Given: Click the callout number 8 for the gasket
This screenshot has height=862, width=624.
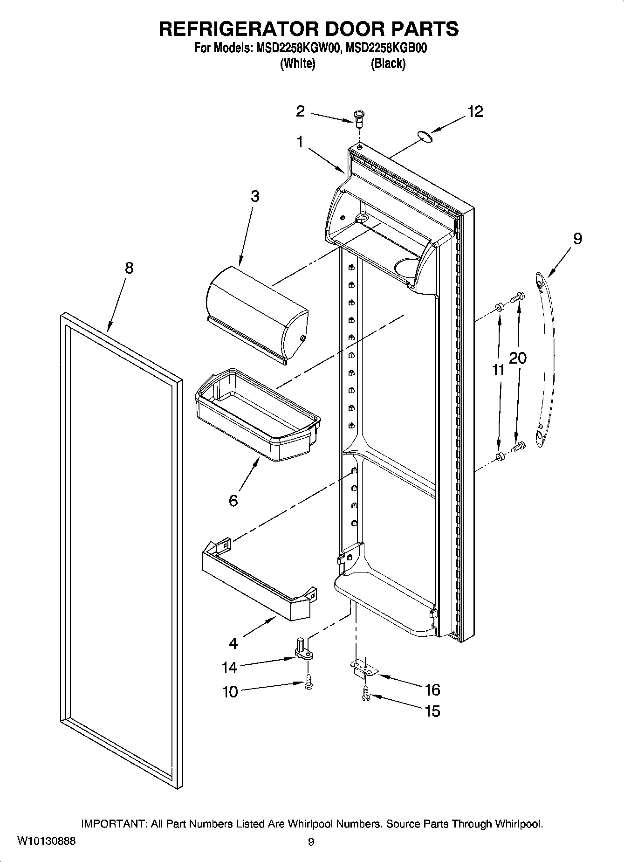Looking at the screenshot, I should coord(129,268).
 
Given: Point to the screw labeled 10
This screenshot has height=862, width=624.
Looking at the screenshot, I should coord(309,684).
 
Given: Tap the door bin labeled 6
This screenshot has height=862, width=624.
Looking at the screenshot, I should coord(259,415).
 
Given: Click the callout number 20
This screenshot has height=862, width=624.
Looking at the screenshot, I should coord(518,358).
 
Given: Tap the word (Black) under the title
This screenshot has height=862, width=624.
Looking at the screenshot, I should coord(388,64).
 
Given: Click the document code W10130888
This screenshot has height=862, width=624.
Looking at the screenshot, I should coord(46,841).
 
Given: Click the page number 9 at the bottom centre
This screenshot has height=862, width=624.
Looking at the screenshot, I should coord(311,841).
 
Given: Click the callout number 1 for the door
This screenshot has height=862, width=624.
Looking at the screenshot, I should coord(301,141).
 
